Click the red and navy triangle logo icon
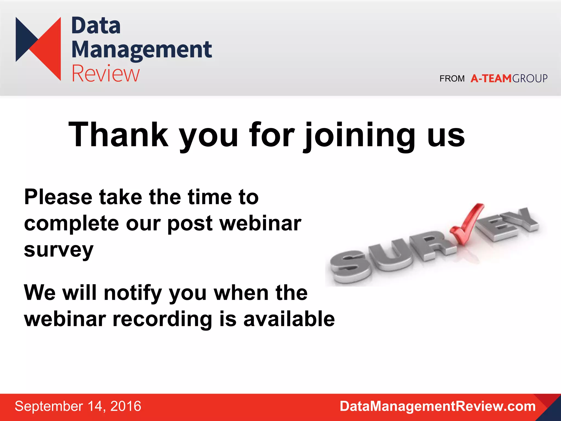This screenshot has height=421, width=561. [38, 49]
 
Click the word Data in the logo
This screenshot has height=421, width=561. [96, 26]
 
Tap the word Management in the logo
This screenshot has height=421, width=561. [141, 50]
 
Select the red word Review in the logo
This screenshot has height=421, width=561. [105, 73]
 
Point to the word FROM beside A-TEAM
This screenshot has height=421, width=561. [452, 79]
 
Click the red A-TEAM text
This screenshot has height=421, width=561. [491, 79]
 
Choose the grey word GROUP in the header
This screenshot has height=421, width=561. [529, 79]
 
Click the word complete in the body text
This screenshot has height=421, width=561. [71, 223]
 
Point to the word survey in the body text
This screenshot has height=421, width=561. [59, 250]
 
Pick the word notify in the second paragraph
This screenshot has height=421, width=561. [133, 293]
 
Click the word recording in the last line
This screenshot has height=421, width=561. [162, 319]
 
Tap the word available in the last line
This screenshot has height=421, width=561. [289, 319]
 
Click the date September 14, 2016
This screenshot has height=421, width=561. [78, 406]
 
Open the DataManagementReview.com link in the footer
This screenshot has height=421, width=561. [437, 406]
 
